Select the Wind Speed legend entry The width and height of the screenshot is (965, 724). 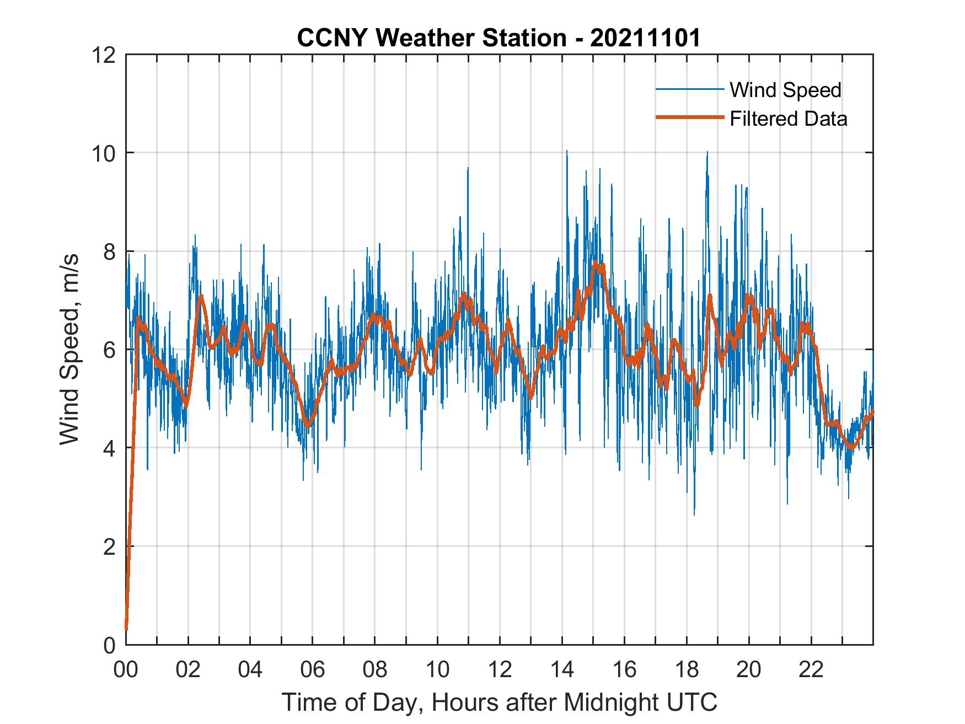point(785,90)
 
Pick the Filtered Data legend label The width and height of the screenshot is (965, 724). point(788,119)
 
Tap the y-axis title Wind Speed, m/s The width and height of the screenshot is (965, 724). point(69,349)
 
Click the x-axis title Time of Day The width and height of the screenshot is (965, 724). point(499,702)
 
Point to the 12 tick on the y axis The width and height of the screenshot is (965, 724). point(104,55)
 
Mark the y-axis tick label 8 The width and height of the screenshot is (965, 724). point(109,251)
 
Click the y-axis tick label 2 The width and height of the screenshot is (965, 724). point(109,546)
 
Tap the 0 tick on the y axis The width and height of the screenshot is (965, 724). point(109,645)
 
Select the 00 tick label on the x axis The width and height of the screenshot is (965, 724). point(126,669)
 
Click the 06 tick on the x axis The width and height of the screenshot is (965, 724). point(313,669)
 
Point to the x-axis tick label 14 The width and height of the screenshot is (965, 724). point(562,669)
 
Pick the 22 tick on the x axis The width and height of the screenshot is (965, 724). point(811,669)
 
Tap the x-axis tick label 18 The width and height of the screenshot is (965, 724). point(687,669)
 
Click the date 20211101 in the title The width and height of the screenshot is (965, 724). point(645,39)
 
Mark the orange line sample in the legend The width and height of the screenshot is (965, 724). point(689,117)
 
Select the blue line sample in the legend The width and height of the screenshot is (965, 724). point(689,89)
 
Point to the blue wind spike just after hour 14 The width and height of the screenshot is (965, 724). point(567,152)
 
